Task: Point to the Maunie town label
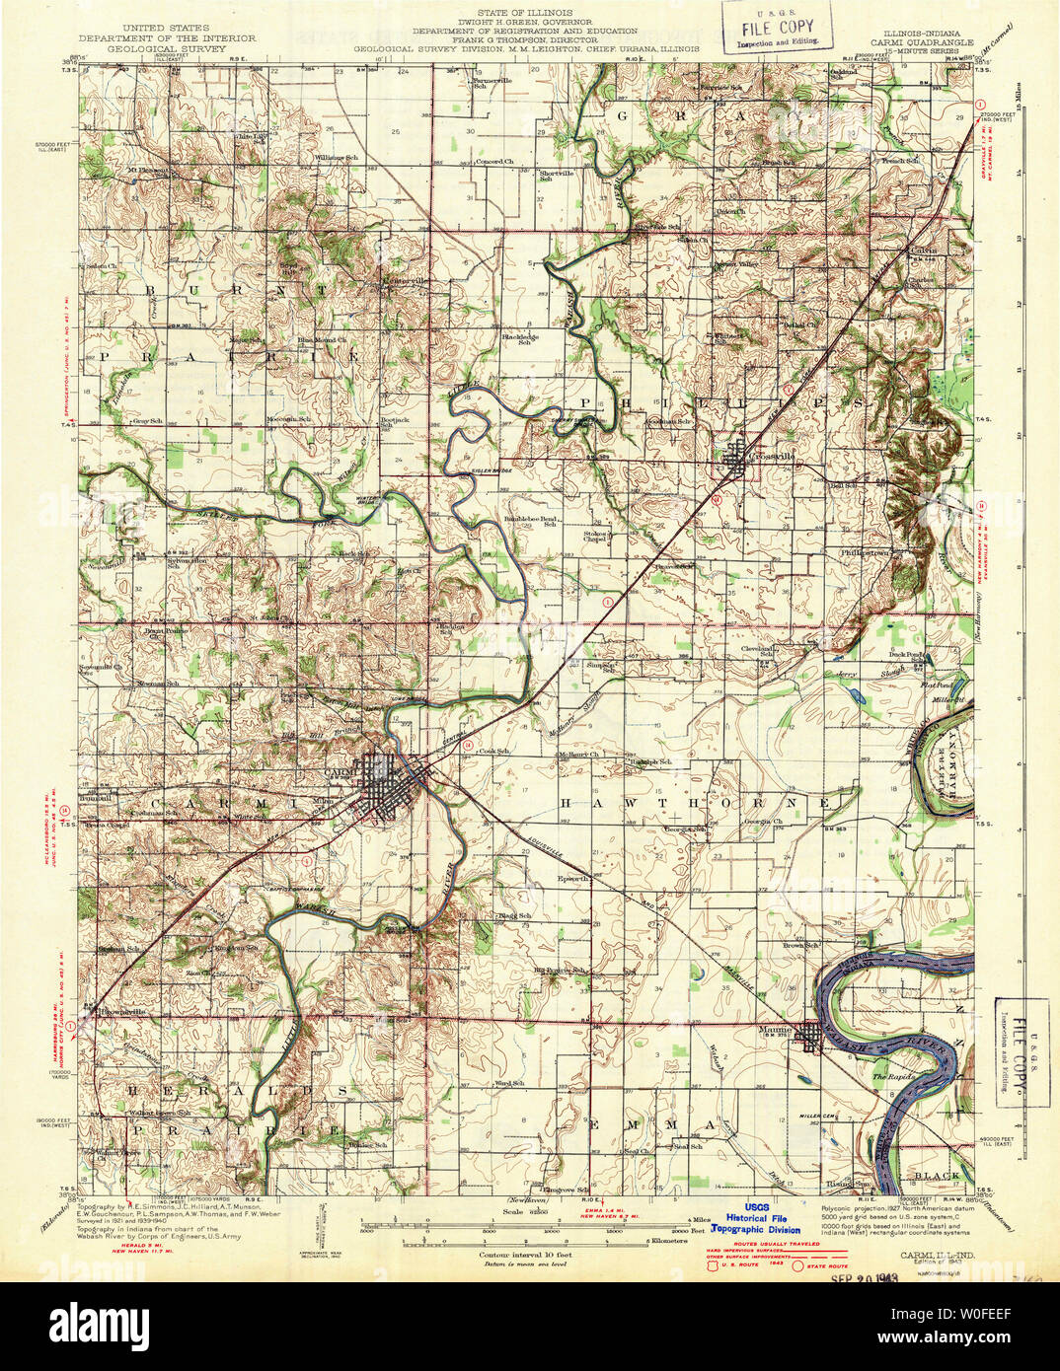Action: pos(777,1030)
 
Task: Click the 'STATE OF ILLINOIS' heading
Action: pos(530,11)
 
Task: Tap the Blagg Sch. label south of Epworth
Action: pos(513,916)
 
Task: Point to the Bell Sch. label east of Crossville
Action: pos(842,485)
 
